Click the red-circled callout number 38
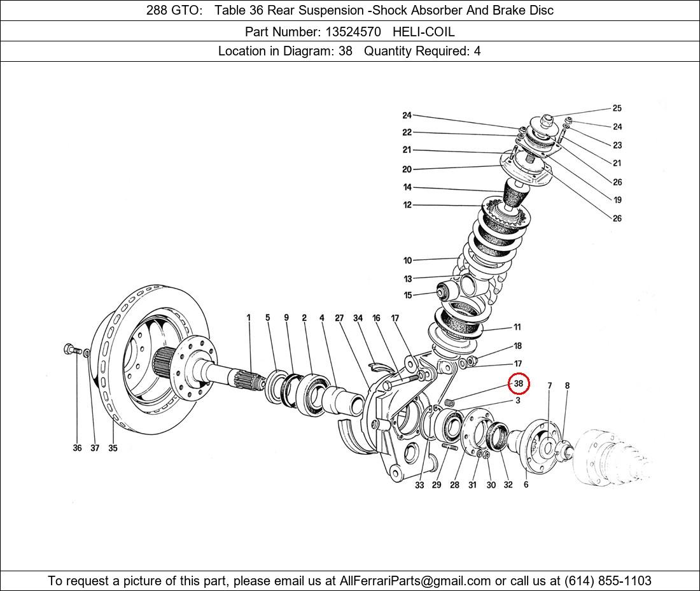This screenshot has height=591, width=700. click(519, 383)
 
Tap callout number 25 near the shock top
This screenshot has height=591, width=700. click(617, 108)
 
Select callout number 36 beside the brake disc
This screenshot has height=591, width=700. click(77, 448)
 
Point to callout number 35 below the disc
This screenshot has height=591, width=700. click(113, 448)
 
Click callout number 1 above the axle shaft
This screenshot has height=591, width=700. click(249, 317)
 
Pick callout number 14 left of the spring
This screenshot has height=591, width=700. click(407, 187)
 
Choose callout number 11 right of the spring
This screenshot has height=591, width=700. click(517, 327)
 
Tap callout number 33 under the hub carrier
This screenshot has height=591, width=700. click(419, 485)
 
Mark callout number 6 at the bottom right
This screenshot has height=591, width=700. click(526, 485)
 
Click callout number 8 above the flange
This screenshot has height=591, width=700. click(567, 385)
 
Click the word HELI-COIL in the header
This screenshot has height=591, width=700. click(423, 31)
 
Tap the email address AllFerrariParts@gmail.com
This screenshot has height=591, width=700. click(416, 581)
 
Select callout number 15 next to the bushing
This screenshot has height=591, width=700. click(407, 295)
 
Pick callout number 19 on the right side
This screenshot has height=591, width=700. click(617, 200)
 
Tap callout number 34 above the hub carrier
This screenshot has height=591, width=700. click(358, 318)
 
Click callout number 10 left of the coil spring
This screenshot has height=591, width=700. click(407, 260)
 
